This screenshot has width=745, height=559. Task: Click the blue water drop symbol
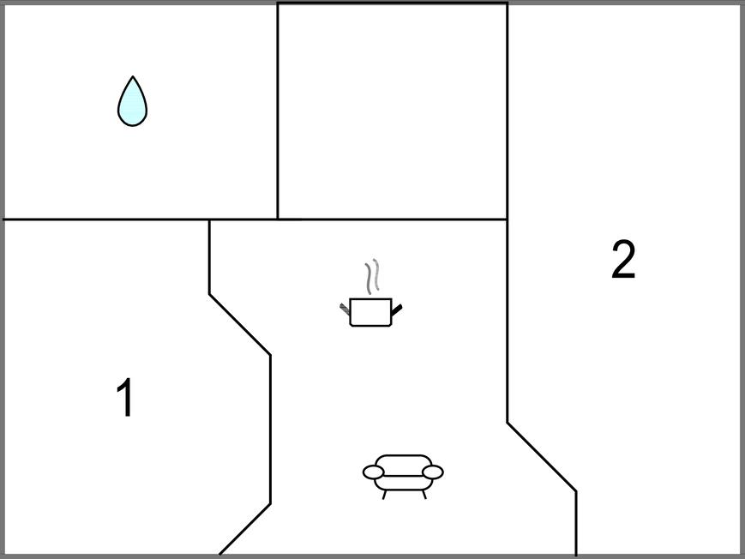pos(133,102)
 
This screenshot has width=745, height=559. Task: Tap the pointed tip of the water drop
pos(133,76)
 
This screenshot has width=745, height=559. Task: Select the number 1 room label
pos(125,397)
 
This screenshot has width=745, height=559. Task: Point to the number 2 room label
pos(623,260)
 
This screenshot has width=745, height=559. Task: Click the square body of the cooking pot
pos(370,312)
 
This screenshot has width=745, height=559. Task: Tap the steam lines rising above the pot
pos(372,276)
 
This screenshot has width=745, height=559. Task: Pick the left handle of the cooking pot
pos(345,309)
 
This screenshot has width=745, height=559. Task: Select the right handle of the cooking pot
pos(397,310)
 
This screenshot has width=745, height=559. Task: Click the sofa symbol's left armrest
pos(374,472)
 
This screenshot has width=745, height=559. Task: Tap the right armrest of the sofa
pos(433,472)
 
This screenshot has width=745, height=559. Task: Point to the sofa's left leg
pos(384,495)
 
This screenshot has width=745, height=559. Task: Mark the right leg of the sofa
pos(424,495)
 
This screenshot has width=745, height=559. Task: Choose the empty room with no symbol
pos(393,111)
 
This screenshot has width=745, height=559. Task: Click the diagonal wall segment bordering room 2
pos(542,457)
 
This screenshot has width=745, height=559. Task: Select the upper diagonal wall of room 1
pos(240,325)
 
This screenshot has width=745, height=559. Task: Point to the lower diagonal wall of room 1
pos(244,529)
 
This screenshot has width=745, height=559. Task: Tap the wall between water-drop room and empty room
pos(278,111)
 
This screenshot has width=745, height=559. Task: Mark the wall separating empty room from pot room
pos(393,219)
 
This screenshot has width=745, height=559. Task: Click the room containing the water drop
pos(140,111)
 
